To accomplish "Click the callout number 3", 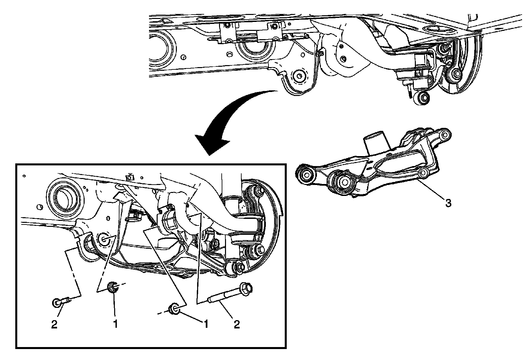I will coord(448,203).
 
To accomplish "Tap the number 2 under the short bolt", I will coord(54,324).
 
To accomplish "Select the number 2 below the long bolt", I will coord(237,324).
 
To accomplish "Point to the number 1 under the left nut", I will coord(115,324).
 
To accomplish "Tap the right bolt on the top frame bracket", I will coord(275,26).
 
